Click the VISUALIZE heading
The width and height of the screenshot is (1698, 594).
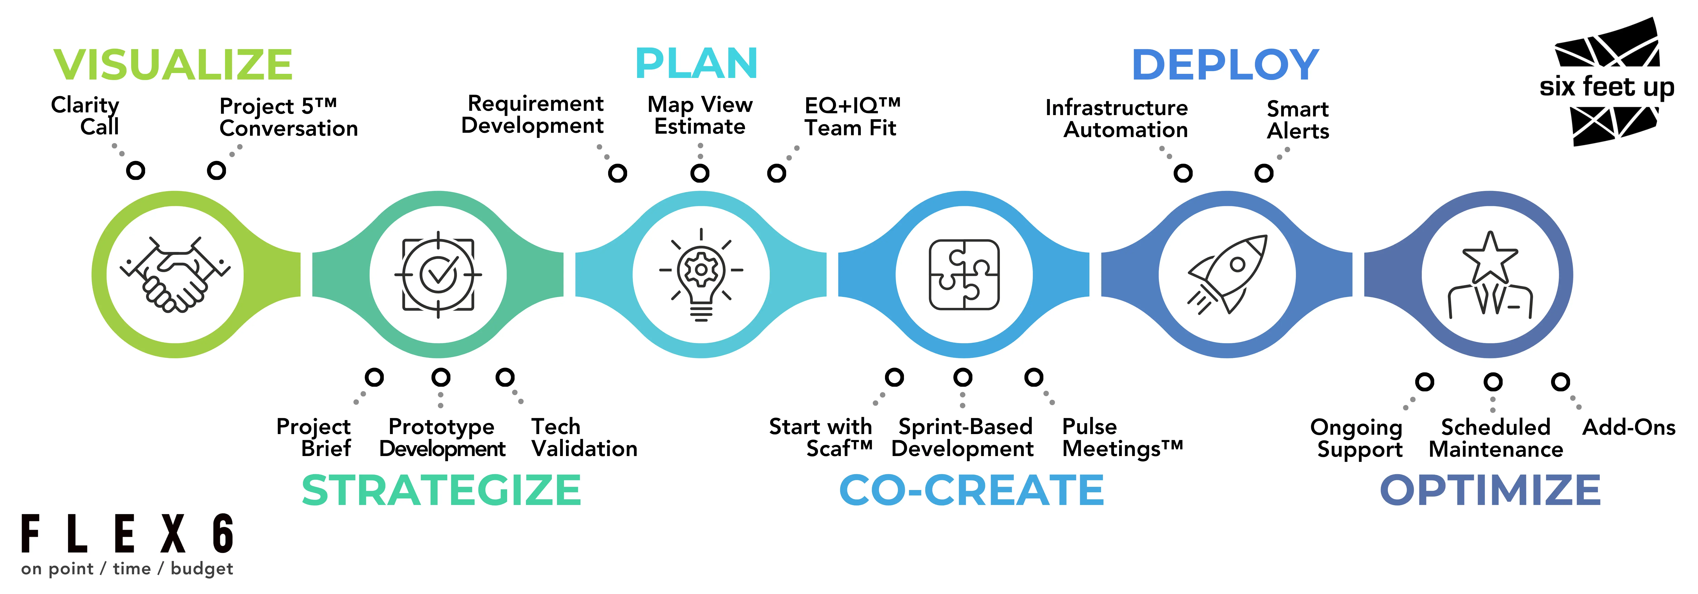pos(173,65)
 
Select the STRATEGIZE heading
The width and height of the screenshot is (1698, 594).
pos(441,490)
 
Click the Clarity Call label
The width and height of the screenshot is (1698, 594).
pos(86,115)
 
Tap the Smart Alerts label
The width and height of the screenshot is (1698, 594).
pos(1297,119)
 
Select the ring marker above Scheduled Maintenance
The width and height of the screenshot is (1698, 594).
pos(1493,382)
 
